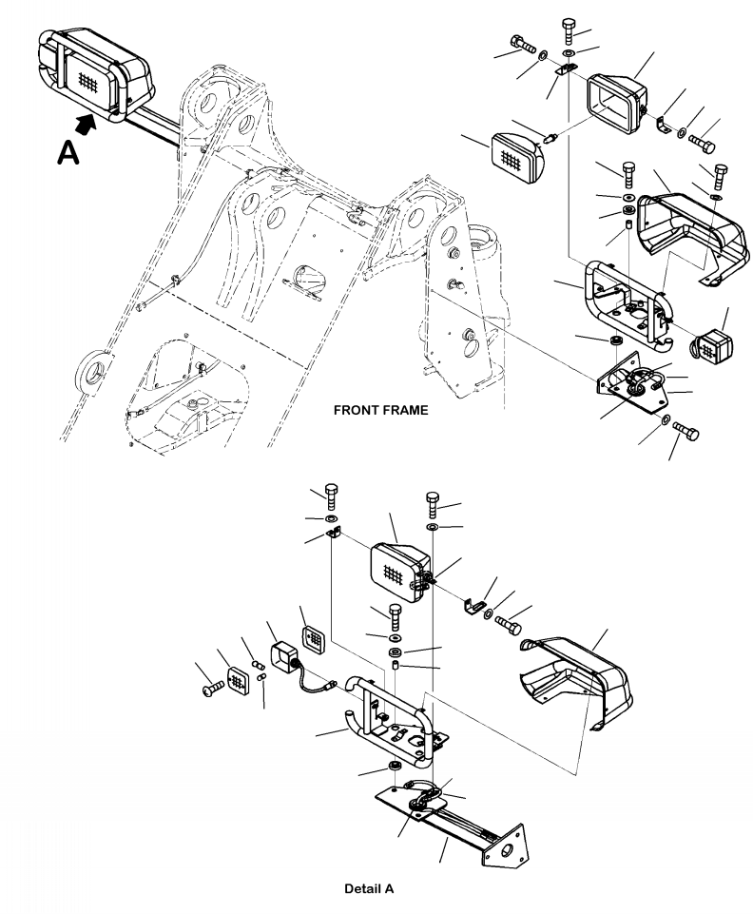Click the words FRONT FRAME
coord(380,410)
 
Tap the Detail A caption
coord(369,889)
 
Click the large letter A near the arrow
coord(68,153)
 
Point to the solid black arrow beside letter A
coord(87,124)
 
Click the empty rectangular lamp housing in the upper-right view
coord(617,103)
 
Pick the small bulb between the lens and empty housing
coord(550,139)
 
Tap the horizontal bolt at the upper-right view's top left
coord(523,45)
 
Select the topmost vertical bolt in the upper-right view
coord(569,30)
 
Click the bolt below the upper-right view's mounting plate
coord(685,432)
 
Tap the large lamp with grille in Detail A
coord(400,572)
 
